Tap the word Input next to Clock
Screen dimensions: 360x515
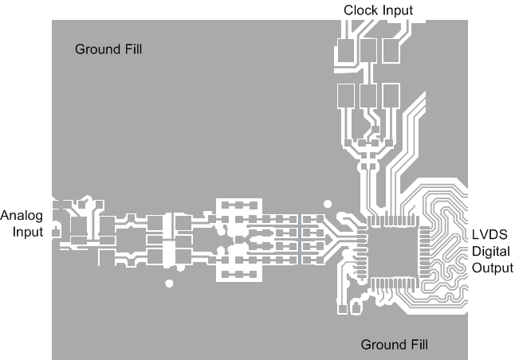pyautogui.click(x=397, y=10)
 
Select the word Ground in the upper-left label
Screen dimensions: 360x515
pyautogui.click(x=94, y=49)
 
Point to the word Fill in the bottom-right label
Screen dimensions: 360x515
pyautogui.click(x=415, y=345)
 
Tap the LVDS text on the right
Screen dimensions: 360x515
pyautogui.click(x=486, y=237)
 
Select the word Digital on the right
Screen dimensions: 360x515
pyautogui.click(x=489, y=252)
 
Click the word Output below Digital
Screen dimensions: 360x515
pyautogui.click(x=492, y=268)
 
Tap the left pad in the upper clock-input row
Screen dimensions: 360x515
pyautogui.click(x=345, y=52)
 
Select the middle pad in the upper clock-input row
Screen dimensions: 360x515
pyautogui.click(x=368, y=52)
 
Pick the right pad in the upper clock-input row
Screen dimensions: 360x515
pyautogui.click(x=391, y=52)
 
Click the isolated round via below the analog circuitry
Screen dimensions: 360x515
pyautogui.click(x=168, y=283)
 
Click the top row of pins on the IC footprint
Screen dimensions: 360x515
pyautogui.click(x=393, y=220)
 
